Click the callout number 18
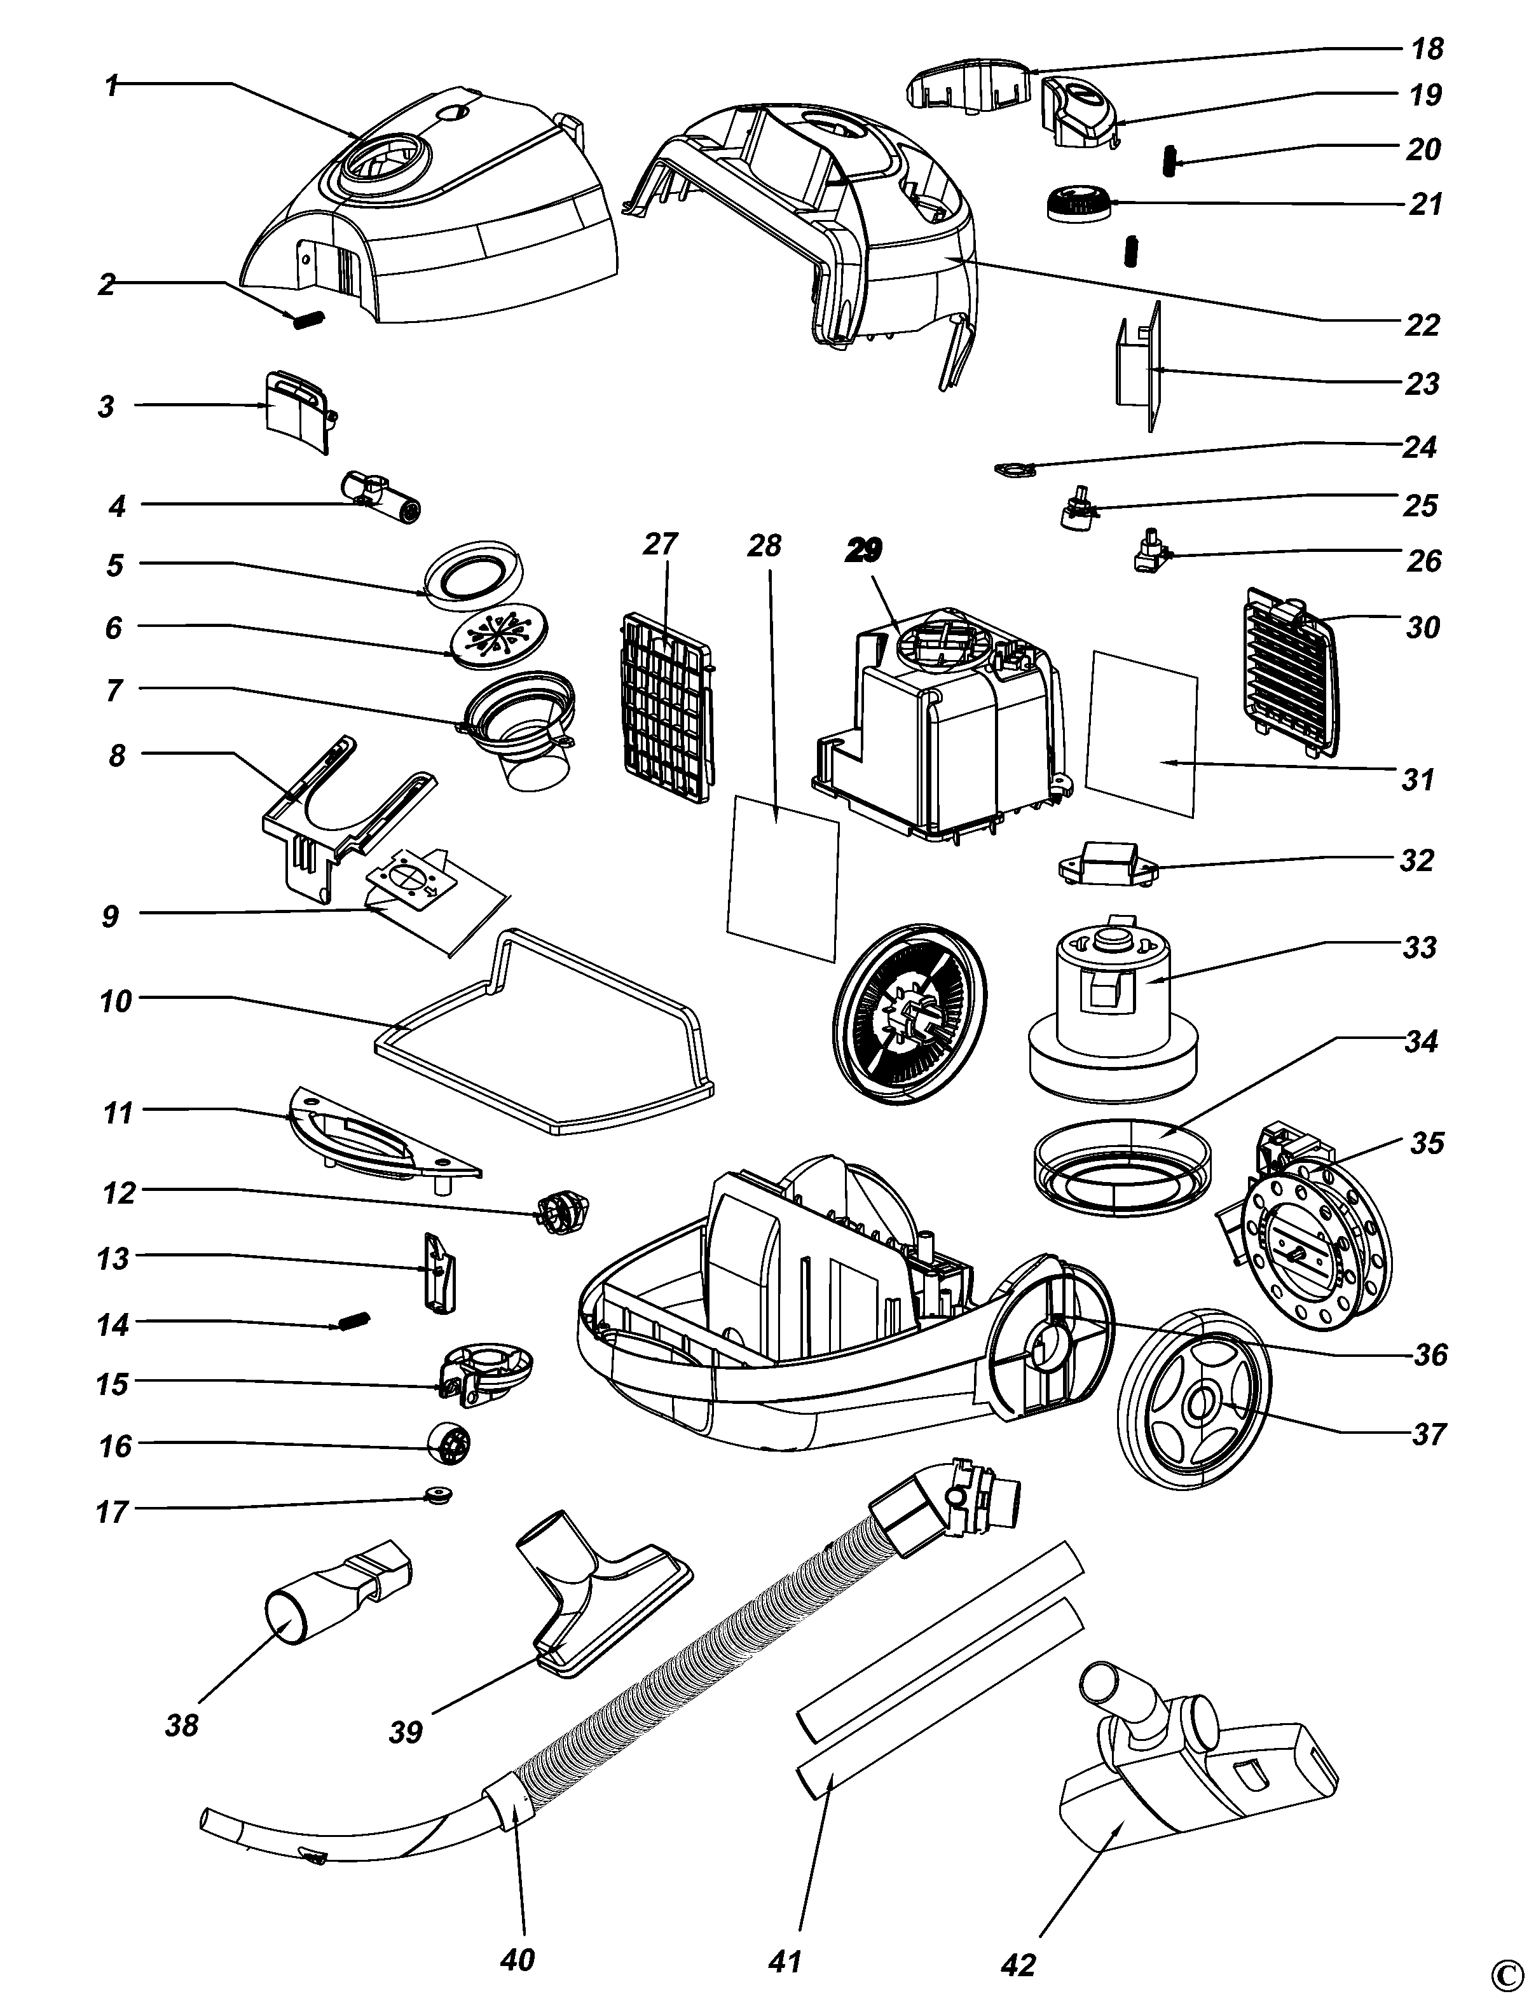coord(1428,48)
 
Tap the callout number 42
coord(1018,1959)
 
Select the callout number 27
coord(661,544)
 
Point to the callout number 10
coord(116,1001)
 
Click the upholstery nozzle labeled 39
coord(601,1598)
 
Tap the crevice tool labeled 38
coord(337,1602)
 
